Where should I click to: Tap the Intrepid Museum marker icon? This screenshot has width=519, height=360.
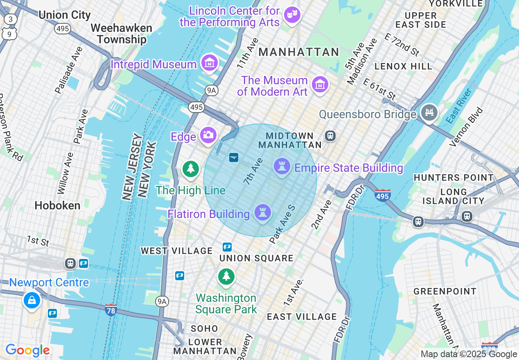210,63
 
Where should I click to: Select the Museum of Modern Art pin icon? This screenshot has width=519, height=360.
320,85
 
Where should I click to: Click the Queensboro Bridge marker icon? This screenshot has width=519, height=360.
429,112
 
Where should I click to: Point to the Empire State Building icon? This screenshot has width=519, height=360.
282,166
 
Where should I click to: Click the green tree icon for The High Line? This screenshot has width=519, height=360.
190,169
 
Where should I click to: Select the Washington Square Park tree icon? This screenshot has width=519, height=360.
226,276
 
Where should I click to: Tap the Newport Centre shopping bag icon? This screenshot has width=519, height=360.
32,300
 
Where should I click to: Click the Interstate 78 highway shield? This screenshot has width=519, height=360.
111,310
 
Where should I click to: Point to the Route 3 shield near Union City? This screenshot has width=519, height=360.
11,19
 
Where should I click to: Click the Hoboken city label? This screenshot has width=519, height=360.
57,205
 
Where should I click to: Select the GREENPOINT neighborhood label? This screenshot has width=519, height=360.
445,291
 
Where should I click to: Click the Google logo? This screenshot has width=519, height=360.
27,351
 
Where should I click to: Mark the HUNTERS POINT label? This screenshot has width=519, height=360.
454,178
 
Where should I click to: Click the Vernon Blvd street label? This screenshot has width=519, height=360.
466,127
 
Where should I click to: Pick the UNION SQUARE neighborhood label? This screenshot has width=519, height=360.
256,258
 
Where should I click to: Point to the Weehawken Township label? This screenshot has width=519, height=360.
122,34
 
